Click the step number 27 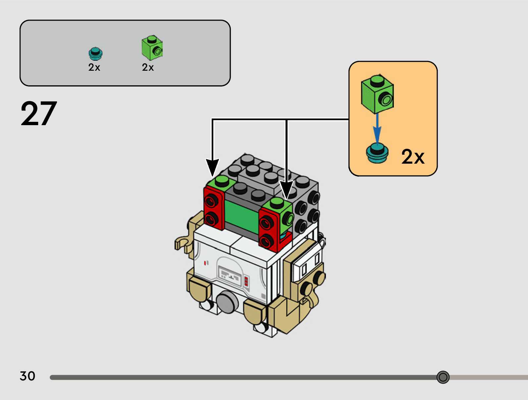point(39,114)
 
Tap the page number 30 point(27,376)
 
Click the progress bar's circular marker point(443,377)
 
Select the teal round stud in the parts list point(95,53)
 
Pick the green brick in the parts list point(152,48)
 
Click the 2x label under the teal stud point(94,67)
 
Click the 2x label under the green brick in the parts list point(148,67)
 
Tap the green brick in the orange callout point(377,94)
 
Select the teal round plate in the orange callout point(377,153)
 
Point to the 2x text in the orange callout point(413,157)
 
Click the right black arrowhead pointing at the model point(286,189)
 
